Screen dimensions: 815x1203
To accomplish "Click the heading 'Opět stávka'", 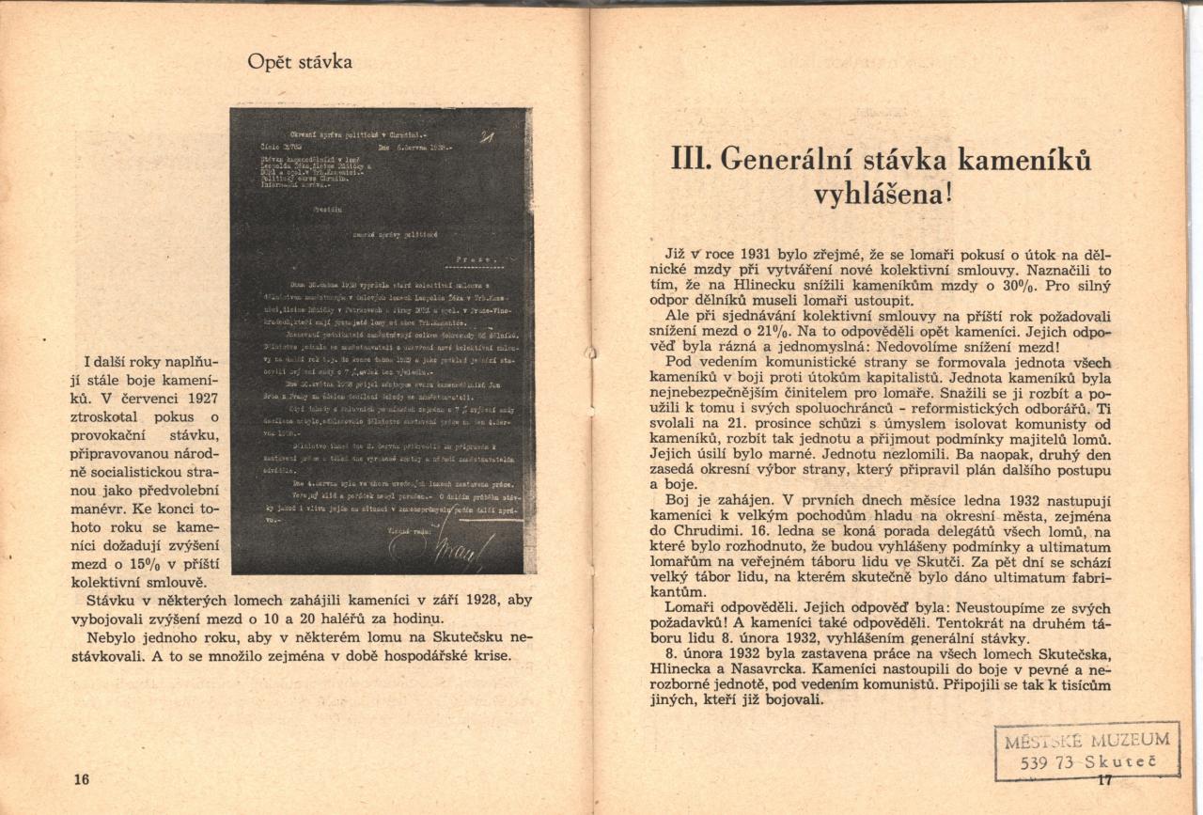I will pyautogui.click(x=300, y=63).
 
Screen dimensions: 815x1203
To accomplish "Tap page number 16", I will pyautogui.click(x=81, y=779).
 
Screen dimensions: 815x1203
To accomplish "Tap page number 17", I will pyautogui.click(x=1103, y=780).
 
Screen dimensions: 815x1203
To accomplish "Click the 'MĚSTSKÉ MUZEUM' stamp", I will pyautogui.click(x=1086, y=750).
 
